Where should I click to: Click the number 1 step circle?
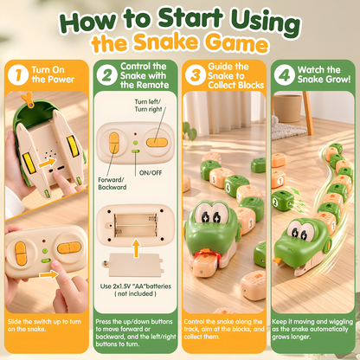pyautogui.click(x=18, y=74)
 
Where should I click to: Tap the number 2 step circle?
pyautogui.click(x=107, y=74)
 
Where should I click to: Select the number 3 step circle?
pyautogui.click(x=196, y=74)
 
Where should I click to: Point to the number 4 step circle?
pyautogui.click(x=285, y=74)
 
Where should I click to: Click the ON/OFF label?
pyautogui.click(x=151, y=173)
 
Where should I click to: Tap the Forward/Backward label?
pyautogui.click(x=112, y=183)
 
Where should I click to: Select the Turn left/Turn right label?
pyautogui.click(x=148, y=106)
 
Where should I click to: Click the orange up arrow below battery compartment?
pyautogui.click(x=136, y=247)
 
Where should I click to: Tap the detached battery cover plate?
pyautogui.click(x=133, y=265)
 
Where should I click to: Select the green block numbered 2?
pyautogui.click(x=282, y=200)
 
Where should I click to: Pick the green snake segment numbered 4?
pyautogui.click(x=236, y=185)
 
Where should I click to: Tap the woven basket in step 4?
pyautogui.click(x=287, y=108)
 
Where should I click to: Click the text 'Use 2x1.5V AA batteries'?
pyautogui.click(x=136, y=286)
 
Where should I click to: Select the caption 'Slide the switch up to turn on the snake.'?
pyautogui.click(x=44, y=325)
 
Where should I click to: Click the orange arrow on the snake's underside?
pyautogui.click(x=47, y=163)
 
